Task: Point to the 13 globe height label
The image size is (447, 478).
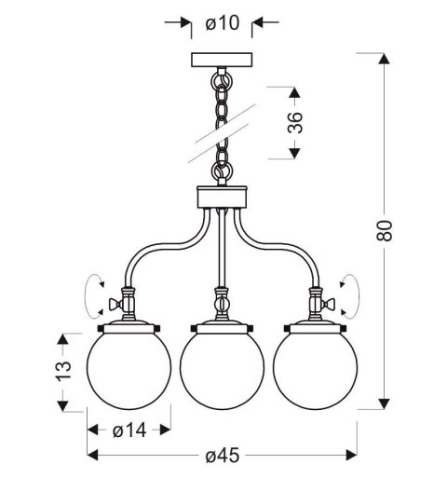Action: [x=62, y=371]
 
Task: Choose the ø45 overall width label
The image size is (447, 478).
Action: [x=223, y=456]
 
